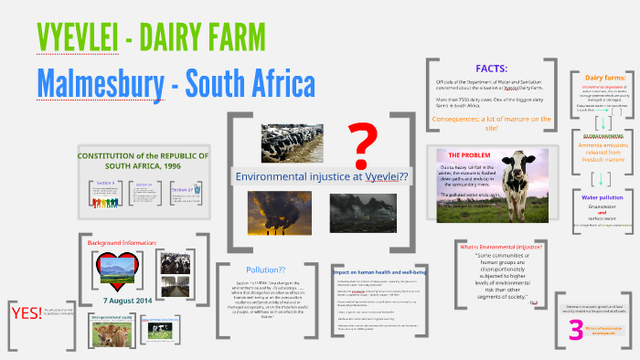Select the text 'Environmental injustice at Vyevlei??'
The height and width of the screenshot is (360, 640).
click(x=321, y=175)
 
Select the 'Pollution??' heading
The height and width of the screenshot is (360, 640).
click(x=265, y=270)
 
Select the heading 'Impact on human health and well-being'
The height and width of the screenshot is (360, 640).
click(x=379, y=272)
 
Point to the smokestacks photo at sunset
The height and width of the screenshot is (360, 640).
click(x=272, y=210)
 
